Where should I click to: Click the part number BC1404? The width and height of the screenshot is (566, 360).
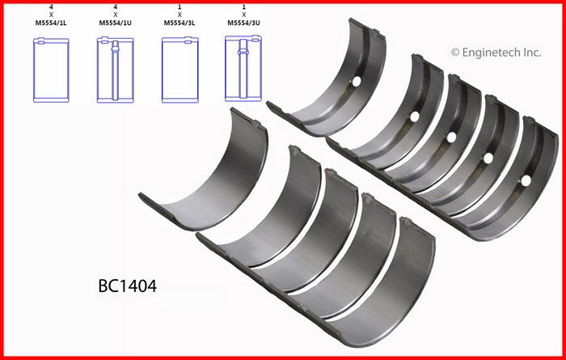(x=128, y=286)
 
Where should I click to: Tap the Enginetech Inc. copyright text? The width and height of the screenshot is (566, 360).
(x=496, y=53)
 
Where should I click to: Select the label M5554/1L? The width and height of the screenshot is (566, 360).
(x=51, y=23)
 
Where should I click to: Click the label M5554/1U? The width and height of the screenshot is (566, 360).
(x=115, y=23)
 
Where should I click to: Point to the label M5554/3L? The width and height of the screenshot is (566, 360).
(x=180, y=23)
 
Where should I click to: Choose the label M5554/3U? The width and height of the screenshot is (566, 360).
(x=243, y=23)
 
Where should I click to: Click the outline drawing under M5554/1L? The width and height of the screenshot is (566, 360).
(x=51, y=70)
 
